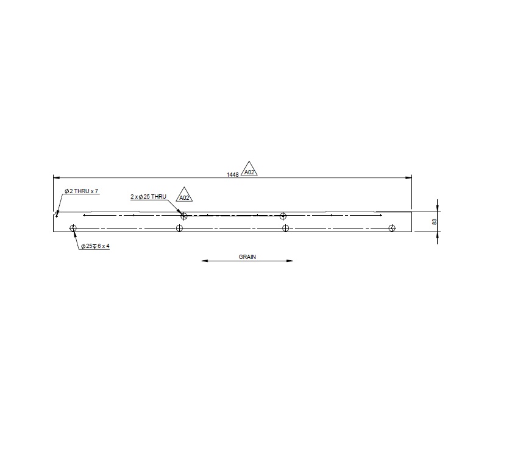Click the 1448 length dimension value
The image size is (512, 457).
tap(232, 175)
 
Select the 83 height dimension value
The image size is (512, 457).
tap(435, 222)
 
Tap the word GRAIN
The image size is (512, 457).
tap(247, 257)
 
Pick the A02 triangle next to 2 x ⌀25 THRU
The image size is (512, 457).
tap(184, 196)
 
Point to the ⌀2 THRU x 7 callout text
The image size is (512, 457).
tap(82, 191)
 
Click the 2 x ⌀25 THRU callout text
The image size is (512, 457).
tap(148, 197)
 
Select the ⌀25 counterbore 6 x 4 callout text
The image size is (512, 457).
tap(94, 247)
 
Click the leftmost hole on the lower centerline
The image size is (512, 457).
tap(73, 228)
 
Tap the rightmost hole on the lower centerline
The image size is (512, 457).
tap(392, 228)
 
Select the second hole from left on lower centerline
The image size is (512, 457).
tap(179, 228)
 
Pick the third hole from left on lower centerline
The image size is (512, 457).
tap(286, 228)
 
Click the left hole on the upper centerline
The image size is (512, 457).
tap(183, 215)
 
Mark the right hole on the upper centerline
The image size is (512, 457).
tap(283, 215)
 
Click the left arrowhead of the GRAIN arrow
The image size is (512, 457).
tap(204, 261)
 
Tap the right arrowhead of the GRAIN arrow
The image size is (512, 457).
tap(291, 261)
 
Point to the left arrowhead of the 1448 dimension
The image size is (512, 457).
tap(55, 178)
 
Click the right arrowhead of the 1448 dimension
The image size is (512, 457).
tap(410, 178)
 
